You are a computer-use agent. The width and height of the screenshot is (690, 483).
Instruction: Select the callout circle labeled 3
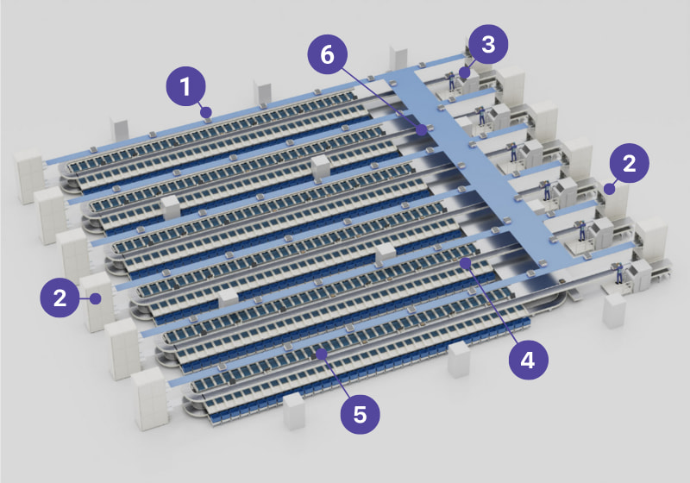(x=489, y=45)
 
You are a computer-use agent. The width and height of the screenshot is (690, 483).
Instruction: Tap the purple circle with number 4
(x=528, y=359)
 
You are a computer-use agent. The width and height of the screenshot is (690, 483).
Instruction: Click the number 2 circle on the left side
(x=60, y=298)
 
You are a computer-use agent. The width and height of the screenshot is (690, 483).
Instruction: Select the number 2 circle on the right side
(x=630, y=165)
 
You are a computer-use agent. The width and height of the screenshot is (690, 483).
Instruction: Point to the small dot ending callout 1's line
(x=205, y=112)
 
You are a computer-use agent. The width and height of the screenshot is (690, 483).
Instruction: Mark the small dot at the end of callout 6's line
(x=422, y=130)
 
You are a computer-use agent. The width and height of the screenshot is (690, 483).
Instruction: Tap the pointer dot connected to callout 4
(x=466, y=260)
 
